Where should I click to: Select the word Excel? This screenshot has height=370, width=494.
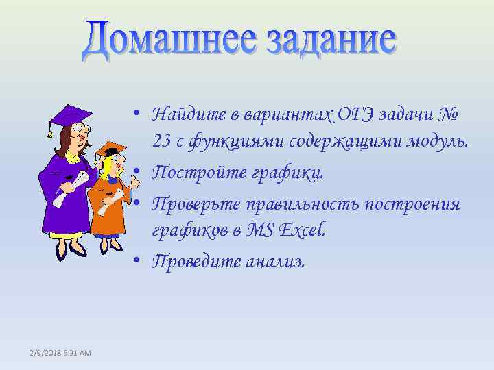[305, 231]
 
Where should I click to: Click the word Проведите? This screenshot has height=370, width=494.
[196, 261]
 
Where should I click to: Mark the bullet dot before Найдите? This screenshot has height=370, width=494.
[138, 112]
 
